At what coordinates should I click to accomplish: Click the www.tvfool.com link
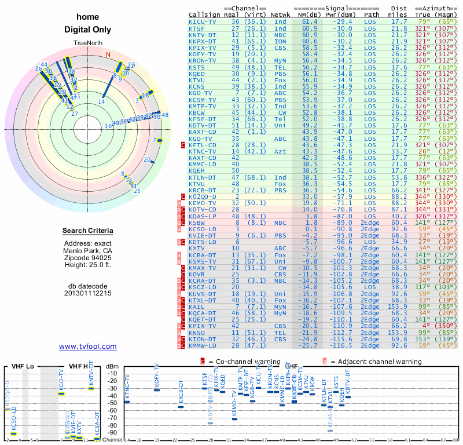click(x=88, y=346)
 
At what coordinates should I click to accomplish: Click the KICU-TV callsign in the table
click(x=203, y=21)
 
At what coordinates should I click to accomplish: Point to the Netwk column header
click(x=281, y=14)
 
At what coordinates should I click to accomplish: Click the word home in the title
click(x=88, y=17)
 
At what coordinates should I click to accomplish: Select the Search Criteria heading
click(x=88, y=231)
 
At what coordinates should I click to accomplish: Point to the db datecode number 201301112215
click(x=88, y=293)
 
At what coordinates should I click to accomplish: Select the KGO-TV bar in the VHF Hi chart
click(x=61, y=393)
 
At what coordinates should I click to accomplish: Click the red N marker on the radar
click(x=108, y=55)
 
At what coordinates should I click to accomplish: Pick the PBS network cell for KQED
click(x=280, y=74)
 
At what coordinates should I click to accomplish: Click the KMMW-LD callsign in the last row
click(x=203, y=345)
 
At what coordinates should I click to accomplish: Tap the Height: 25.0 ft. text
click(x=88, y=265)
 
